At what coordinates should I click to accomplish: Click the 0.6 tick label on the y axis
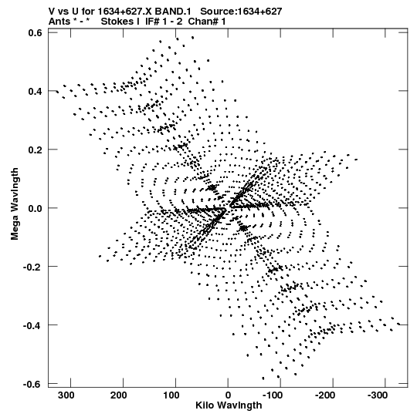point(35,32)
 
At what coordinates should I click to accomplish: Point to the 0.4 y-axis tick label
point(35,91)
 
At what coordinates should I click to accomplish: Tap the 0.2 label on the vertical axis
point(35,150)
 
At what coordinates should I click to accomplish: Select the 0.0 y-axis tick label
point(35,208)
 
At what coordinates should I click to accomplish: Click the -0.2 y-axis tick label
point(32,267)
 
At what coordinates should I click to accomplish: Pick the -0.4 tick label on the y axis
point(32,325)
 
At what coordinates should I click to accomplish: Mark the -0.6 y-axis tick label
point(32,384)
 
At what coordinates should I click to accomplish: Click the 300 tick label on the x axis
point(66,395)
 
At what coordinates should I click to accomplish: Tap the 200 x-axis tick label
point(119,395)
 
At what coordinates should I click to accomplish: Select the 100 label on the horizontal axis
point(171,395)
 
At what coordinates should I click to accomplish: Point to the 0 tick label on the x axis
point(228,395)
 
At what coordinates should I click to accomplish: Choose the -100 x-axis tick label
point(273,395)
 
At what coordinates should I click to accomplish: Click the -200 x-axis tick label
point(325,395)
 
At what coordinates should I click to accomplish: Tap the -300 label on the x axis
point(378,395)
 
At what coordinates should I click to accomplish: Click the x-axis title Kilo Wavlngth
point(229,405)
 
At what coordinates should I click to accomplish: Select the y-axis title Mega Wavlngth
point(15,204)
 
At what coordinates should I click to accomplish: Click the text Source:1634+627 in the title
point(241,12)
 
